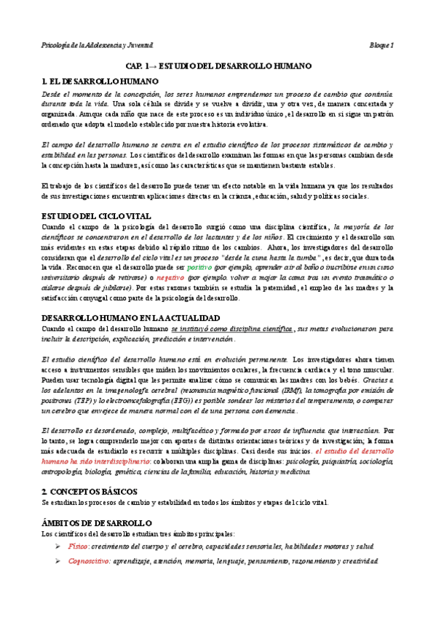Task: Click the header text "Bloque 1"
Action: coord(380,45)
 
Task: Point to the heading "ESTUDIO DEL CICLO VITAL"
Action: coord(96,216)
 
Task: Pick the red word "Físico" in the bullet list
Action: coord(78,546)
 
